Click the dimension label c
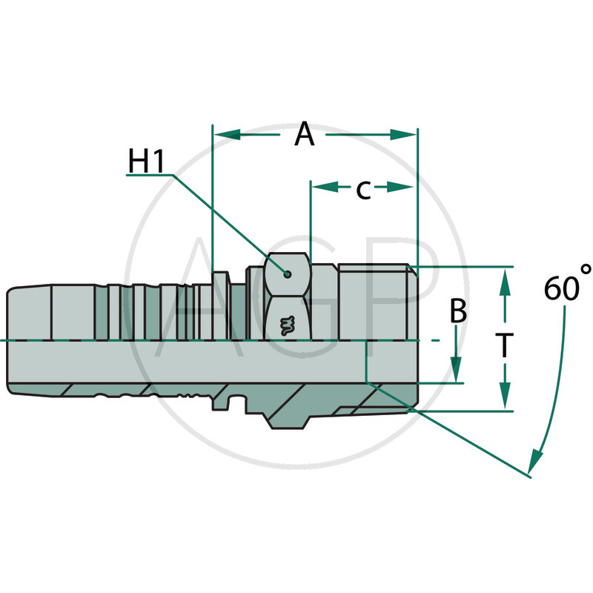pos(362,189)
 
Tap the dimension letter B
pos(459,312)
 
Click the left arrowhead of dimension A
pos(227,134)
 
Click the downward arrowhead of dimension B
pos(457,370)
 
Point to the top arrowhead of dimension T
pos(505,282)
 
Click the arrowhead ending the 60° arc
pos(536,463)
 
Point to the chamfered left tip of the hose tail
pos(10,341)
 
